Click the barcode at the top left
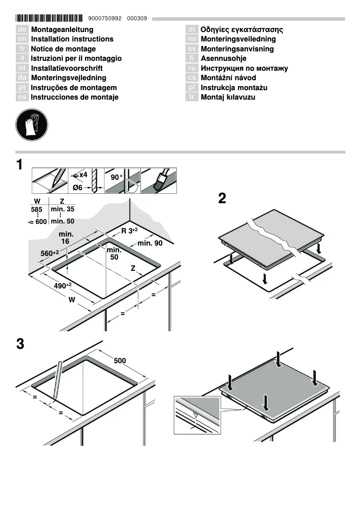click(49, 18)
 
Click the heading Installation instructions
click(72, 39)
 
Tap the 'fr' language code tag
click(22, 49)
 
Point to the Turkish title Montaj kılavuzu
click(228, 97)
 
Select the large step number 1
click(19, 165)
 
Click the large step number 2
click(222, 199)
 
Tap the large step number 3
click(20, 344)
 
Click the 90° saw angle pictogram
click(122, 181)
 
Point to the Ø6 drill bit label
click(77, 188)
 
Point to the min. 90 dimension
click(150, 243)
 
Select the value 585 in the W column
click(36, 210)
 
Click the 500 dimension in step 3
click(120, 360)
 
